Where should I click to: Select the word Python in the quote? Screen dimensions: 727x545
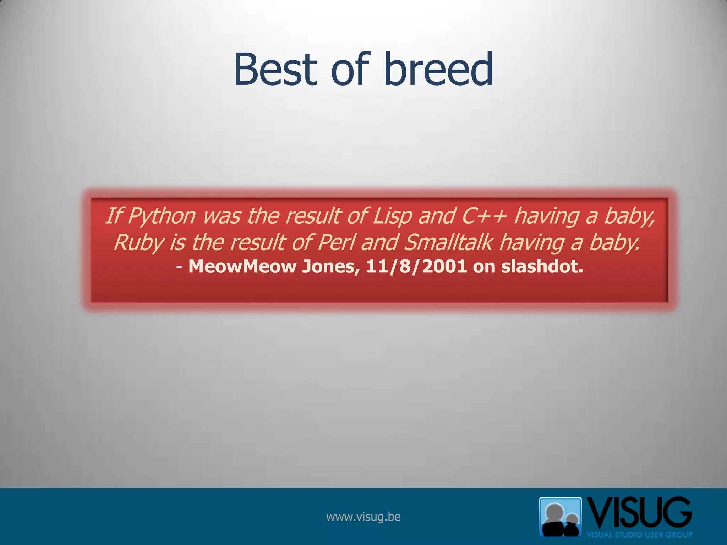(x=162, y=216)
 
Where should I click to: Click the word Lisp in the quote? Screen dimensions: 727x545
(x=392, y=216)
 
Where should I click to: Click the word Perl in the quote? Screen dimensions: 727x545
(x=336, y=243)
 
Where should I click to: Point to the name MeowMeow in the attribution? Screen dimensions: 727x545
(x=242, y=266)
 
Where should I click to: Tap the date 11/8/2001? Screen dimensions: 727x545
(x=416, y=266)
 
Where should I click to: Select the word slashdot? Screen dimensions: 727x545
(x=542, y=266)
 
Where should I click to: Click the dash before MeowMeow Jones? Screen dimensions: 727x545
(x=179, y=267)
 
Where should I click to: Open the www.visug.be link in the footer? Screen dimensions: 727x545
(x=363, y=517)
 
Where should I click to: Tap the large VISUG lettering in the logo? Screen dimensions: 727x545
(x=639, y=513)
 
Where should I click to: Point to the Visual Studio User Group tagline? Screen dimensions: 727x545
(x=639, y=535)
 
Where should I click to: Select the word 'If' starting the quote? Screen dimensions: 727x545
(x=114, y=216)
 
